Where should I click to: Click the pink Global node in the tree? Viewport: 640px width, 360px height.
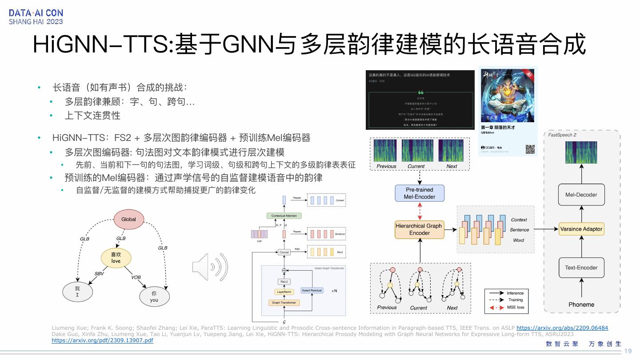(x=128, y=219)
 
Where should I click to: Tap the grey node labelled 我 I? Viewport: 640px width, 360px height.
(x=77, y=292)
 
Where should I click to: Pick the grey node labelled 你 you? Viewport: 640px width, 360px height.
(x=154, y=296)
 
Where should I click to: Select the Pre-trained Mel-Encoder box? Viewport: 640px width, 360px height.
(x=420, y=193)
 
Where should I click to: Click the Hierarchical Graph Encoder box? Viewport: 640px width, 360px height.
(x=419, y=229)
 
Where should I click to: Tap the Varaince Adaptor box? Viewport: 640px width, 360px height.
(x=581, y=229)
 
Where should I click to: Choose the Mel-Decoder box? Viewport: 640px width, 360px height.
(x=581, y=195)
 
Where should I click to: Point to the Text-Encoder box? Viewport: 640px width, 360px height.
(x=581, y=268)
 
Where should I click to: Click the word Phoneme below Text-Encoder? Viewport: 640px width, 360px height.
(x=581, y=304)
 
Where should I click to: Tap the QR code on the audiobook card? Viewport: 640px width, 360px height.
(x=530, y=149)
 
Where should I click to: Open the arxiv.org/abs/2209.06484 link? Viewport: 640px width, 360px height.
(x=562, y=328)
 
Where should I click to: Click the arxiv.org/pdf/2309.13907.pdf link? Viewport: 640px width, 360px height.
(x=102, y=340)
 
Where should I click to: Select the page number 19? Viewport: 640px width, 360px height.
(x=628, y=351)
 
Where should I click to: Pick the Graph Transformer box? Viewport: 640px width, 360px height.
(x=284, y=303)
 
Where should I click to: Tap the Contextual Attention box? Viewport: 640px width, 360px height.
(x=284, y=216)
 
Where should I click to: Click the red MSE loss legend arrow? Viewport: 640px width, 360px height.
(x=496, y=307)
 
